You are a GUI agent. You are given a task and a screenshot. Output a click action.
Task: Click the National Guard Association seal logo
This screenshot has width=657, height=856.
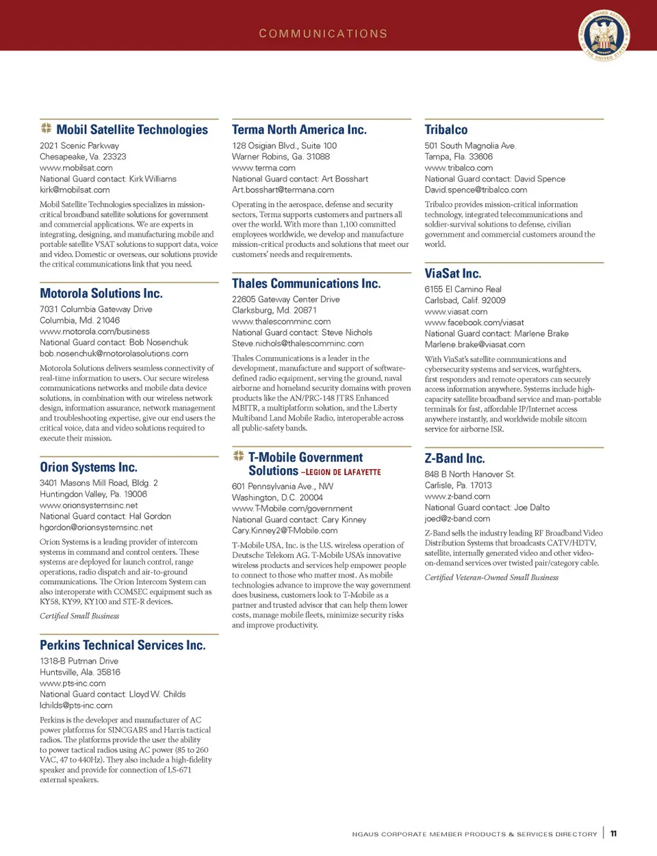pos(604,35)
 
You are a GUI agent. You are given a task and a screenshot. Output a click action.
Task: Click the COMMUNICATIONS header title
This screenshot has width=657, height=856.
pos(323,34)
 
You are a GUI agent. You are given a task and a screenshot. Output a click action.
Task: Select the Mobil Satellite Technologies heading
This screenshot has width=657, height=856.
pos(132,129)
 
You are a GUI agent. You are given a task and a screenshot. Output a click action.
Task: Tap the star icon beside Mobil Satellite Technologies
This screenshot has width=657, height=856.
pos(46,128)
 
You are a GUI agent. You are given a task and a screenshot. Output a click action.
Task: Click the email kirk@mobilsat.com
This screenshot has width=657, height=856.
pos(75,190)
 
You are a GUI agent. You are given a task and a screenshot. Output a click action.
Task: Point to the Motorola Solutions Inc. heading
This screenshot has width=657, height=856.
pos(101,294)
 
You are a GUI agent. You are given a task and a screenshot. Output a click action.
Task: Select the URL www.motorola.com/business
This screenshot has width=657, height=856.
pos(94,331)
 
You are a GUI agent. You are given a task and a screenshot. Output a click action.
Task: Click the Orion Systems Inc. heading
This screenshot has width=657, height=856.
pos(88,467)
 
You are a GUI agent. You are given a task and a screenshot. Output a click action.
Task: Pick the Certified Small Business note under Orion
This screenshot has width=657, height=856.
pos(79,616)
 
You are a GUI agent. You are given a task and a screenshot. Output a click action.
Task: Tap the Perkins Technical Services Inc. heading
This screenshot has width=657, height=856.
pos(123,645)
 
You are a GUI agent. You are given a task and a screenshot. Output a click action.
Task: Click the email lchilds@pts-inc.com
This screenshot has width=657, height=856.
pos(76,705)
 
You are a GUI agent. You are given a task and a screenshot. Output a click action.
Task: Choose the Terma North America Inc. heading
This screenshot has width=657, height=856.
pos(299,130)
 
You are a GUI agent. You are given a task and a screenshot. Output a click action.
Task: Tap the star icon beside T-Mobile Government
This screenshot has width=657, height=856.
pos(238,456)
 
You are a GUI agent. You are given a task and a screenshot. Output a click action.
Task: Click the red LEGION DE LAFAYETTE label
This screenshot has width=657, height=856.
pos(342,472)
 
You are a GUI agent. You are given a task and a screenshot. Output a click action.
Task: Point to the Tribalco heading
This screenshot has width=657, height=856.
pos(446,130)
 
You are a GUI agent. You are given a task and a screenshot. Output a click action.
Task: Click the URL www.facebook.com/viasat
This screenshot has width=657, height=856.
pos(474,322)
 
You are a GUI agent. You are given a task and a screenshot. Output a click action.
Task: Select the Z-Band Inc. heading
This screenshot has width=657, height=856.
pos(454,458)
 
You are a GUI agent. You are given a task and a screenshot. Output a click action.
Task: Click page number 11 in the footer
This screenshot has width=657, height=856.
pos(613,833)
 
